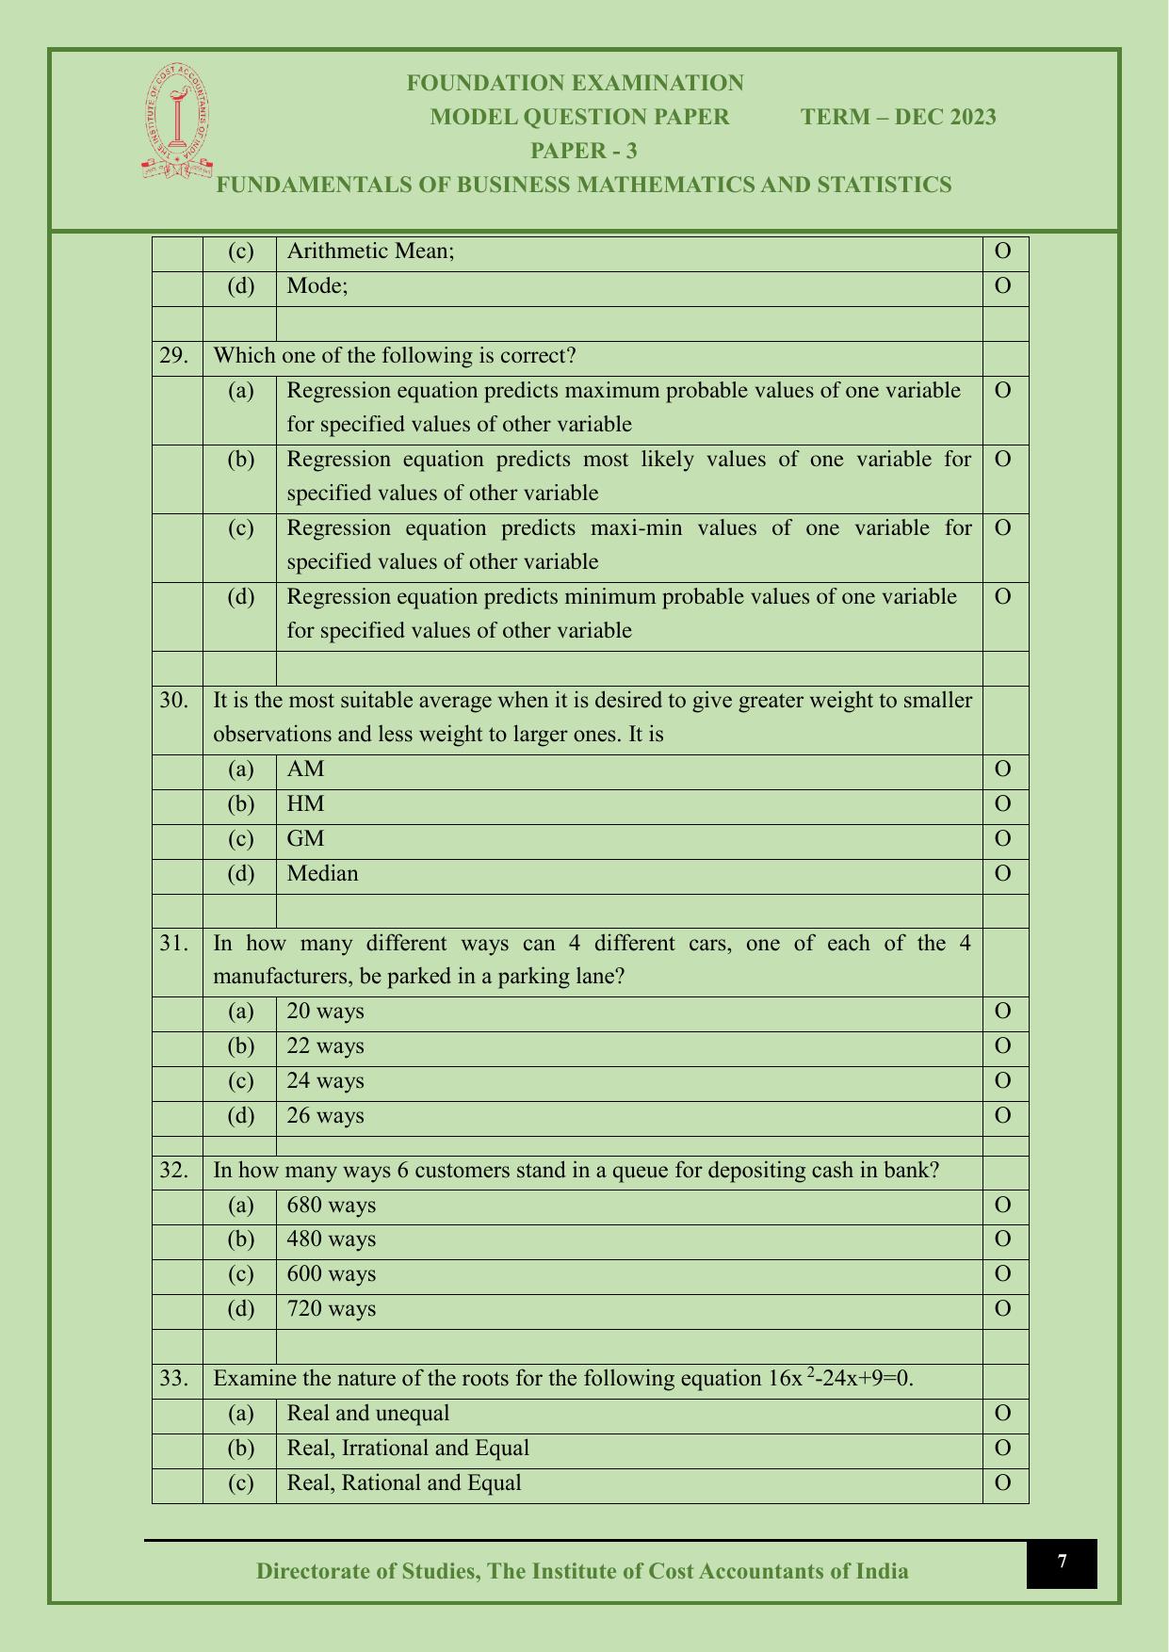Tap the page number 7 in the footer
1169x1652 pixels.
[x=1062, y=1563]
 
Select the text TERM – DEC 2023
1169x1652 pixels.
[x=898, y=117]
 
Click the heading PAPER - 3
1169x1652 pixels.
[x=584, y=151]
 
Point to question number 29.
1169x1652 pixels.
[x=173, y=356]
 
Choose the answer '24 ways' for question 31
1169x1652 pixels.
[x=325, y=1081]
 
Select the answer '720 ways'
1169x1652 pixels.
[x=331, y=1309]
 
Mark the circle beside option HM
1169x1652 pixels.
[x=1003, y=804]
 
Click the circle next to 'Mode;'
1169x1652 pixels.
[x=1003, y=285]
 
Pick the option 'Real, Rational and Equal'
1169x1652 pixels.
[x=403, y=1483]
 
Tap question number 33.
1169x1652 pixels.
[x=173, y=1379]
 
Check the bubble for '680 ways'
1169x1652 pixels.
[x=1003, y=1206]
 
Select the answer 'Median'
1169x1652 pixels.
[x=322, y=874]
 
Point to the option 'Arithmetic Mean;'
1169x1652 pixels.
[x=370, y=251]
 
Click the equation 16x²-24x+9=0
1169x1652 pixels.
[x=840, y=1379]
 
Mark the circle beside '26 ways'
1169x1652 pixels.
[x=1003, y=1116]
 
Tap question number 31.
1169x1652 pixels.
[x=173, y=943]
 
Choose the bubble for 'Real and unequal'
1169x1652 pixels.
[x=1003, y=1414]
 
